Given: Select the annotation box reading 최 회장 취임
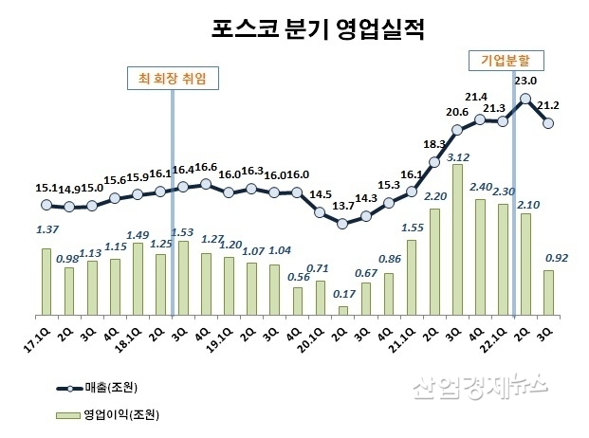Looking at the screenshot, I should [173, 77].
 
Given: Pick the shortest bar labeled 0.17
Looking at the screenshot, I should [342, 310].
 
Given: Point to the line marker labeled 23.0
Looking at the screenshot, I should [525, 98].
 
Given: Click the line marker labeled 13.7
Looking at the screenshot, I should [342, 224].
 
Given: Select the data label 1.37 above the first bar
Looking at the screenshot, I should [45, 230].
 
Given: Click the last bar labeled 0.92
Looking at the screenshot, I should [548, 292].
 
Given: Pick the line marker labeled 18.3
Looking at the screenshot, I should [434, 161].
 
